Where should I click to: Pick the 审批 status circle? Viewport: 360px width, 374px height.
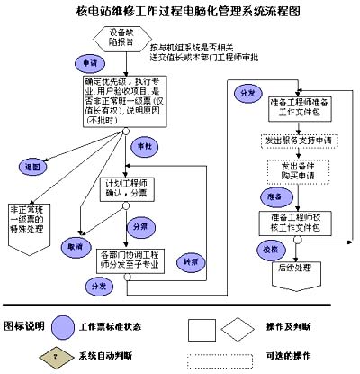[143, 145]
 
